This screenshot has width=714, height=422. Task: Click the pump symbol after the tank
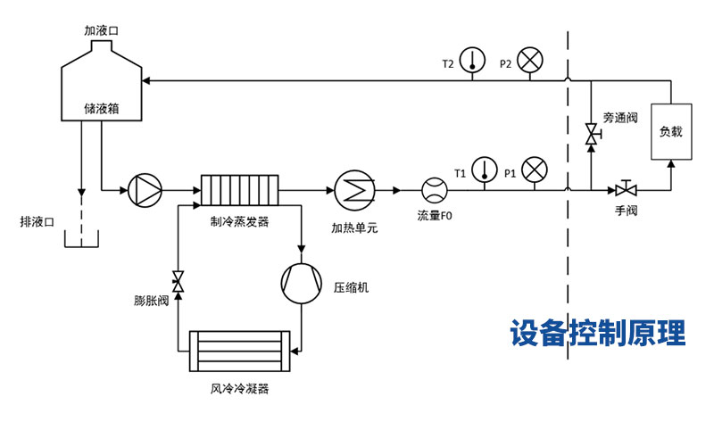click(145, 189)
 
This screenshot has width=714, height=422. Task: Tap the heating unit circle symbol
click(353, 189)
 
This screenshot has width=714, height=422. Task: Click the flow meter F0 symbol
click(435, 189)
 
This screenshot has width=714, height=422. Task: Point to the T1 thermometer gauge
click(485, 168)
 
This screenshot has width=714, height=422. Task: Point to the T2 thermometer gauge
click(473, 61)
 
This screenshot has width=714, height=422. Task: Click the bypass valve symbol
click(590, 136)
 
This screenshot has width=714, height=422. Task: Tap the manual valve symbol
click(625, 189)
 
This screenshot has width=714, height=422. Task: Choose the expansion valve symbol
click(178, 282)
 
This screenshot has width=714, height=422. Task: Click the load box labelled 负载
click(670, 131)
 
